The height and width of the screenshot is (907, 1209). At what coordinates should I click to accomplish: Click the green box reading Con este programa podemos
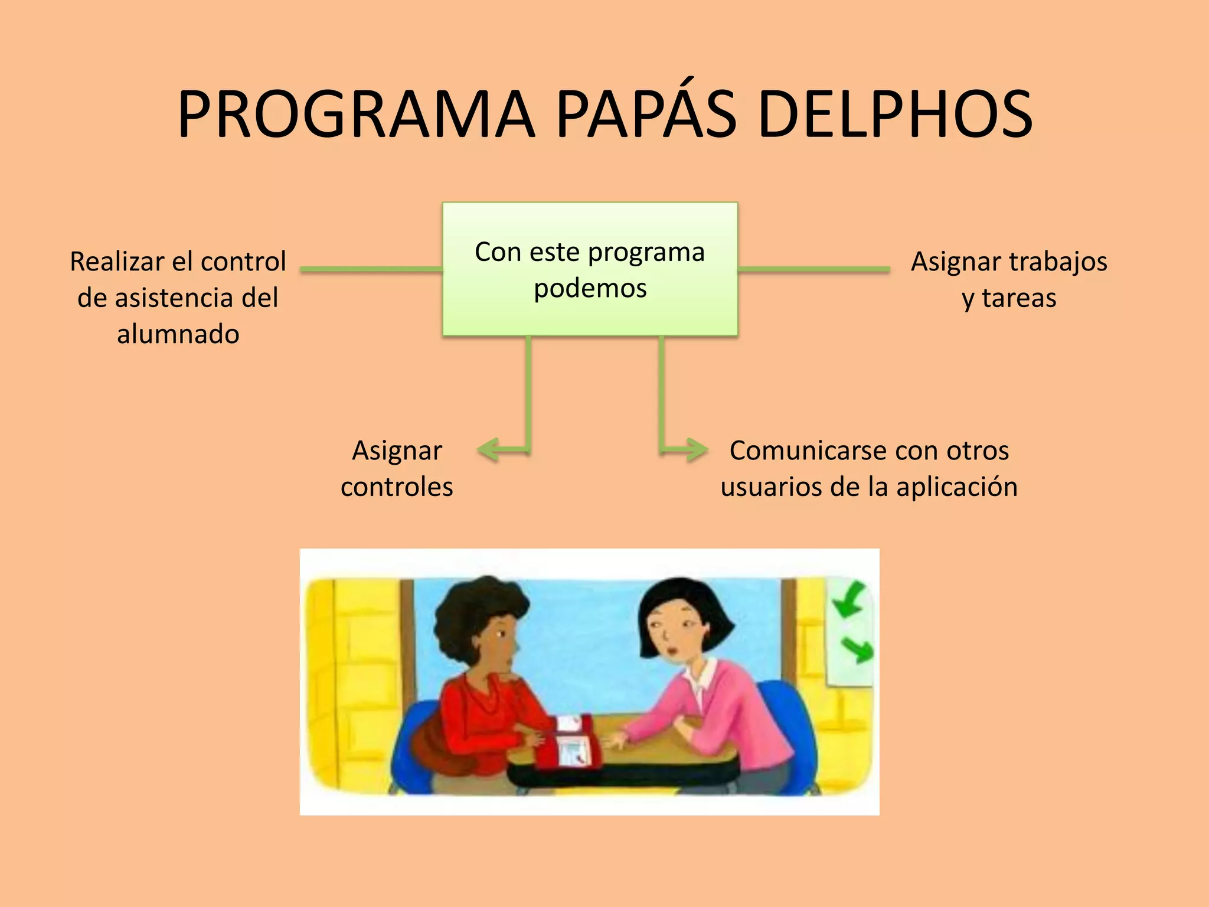coord(590,269)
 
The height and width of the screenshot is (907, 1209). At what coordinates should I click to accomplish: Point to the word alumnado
coord(178,334)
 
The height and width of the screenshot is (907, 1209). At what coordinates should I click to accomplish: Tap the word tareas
coord(1019,298)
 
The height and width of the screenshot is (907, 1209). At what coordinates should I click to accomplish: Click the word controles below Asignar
coord(397,487)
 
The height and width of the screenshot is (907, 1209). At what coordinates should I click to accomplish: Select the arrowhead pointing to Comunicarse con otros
coord(697,449)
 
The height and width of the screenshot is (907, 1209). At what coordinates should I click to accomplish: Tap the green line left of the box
coord(371,269)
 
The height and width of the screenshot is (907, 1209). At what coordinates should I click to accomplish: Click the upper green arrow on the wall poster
coord(848,599)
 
